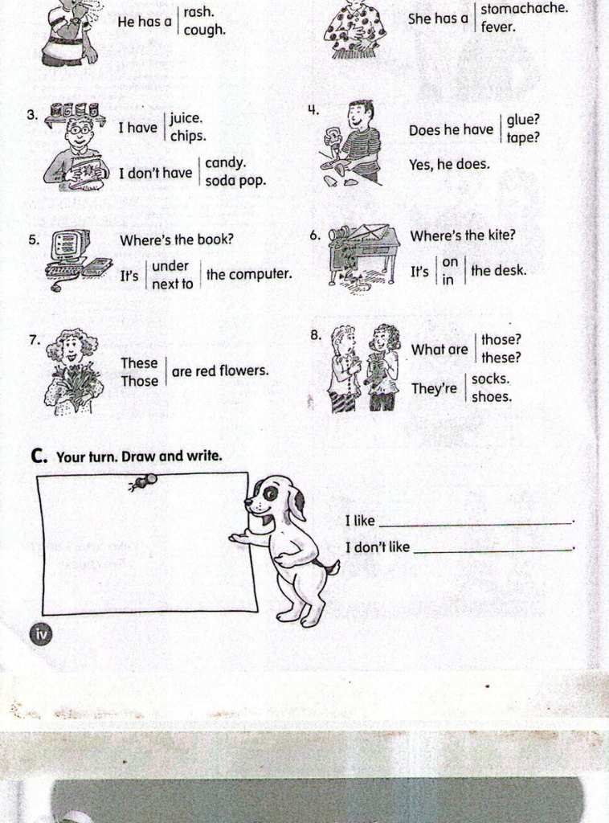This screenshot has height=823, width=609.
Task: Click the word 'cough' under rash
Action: pos(204,30)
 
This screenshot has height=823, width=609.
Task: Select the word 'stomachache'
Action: pos(524,8)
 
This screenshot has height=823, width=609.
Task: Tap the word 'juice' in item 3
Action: pos(185,119)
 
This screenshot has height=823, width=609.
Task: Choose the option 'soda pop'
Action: pos(235,181)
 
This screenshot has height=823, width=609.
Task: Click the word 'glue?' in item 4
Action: pos(523,121)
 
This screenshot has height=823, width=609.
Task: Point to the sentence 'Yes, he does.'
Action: pos(449,164)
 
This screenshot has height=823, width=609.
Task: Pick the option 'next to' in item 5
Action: pos(173,284)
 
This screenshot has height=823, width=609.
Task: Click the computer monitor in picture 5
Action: pos(70,244)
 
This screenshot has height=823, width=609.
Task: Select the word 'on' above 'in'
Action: pos(450,262)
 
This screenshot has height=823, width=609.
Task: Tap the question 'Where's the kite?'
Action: pos(463,235)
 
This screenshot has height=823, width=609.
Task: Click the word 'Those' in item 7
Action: pos(140,381)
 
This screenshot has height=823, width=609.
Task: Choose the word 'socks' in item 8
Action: pos(490,379)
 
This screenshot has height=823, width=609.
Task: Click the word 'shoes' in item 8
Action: pos(492,397)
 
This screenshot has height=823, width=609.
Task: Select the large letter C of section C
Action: pos(38,456)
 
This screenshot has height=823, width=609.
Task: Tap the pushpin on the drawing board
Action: pos(143,482)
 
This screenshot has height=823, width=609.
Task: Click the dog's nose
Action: pos(247,502)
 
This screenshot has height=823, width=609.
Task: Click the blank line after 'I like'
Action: pos(476,523)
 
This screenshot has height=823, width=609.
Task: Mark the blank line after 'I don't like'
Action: pos(493,551)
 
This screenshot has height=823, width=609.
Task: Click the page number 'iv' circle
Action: pos(42,634)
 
